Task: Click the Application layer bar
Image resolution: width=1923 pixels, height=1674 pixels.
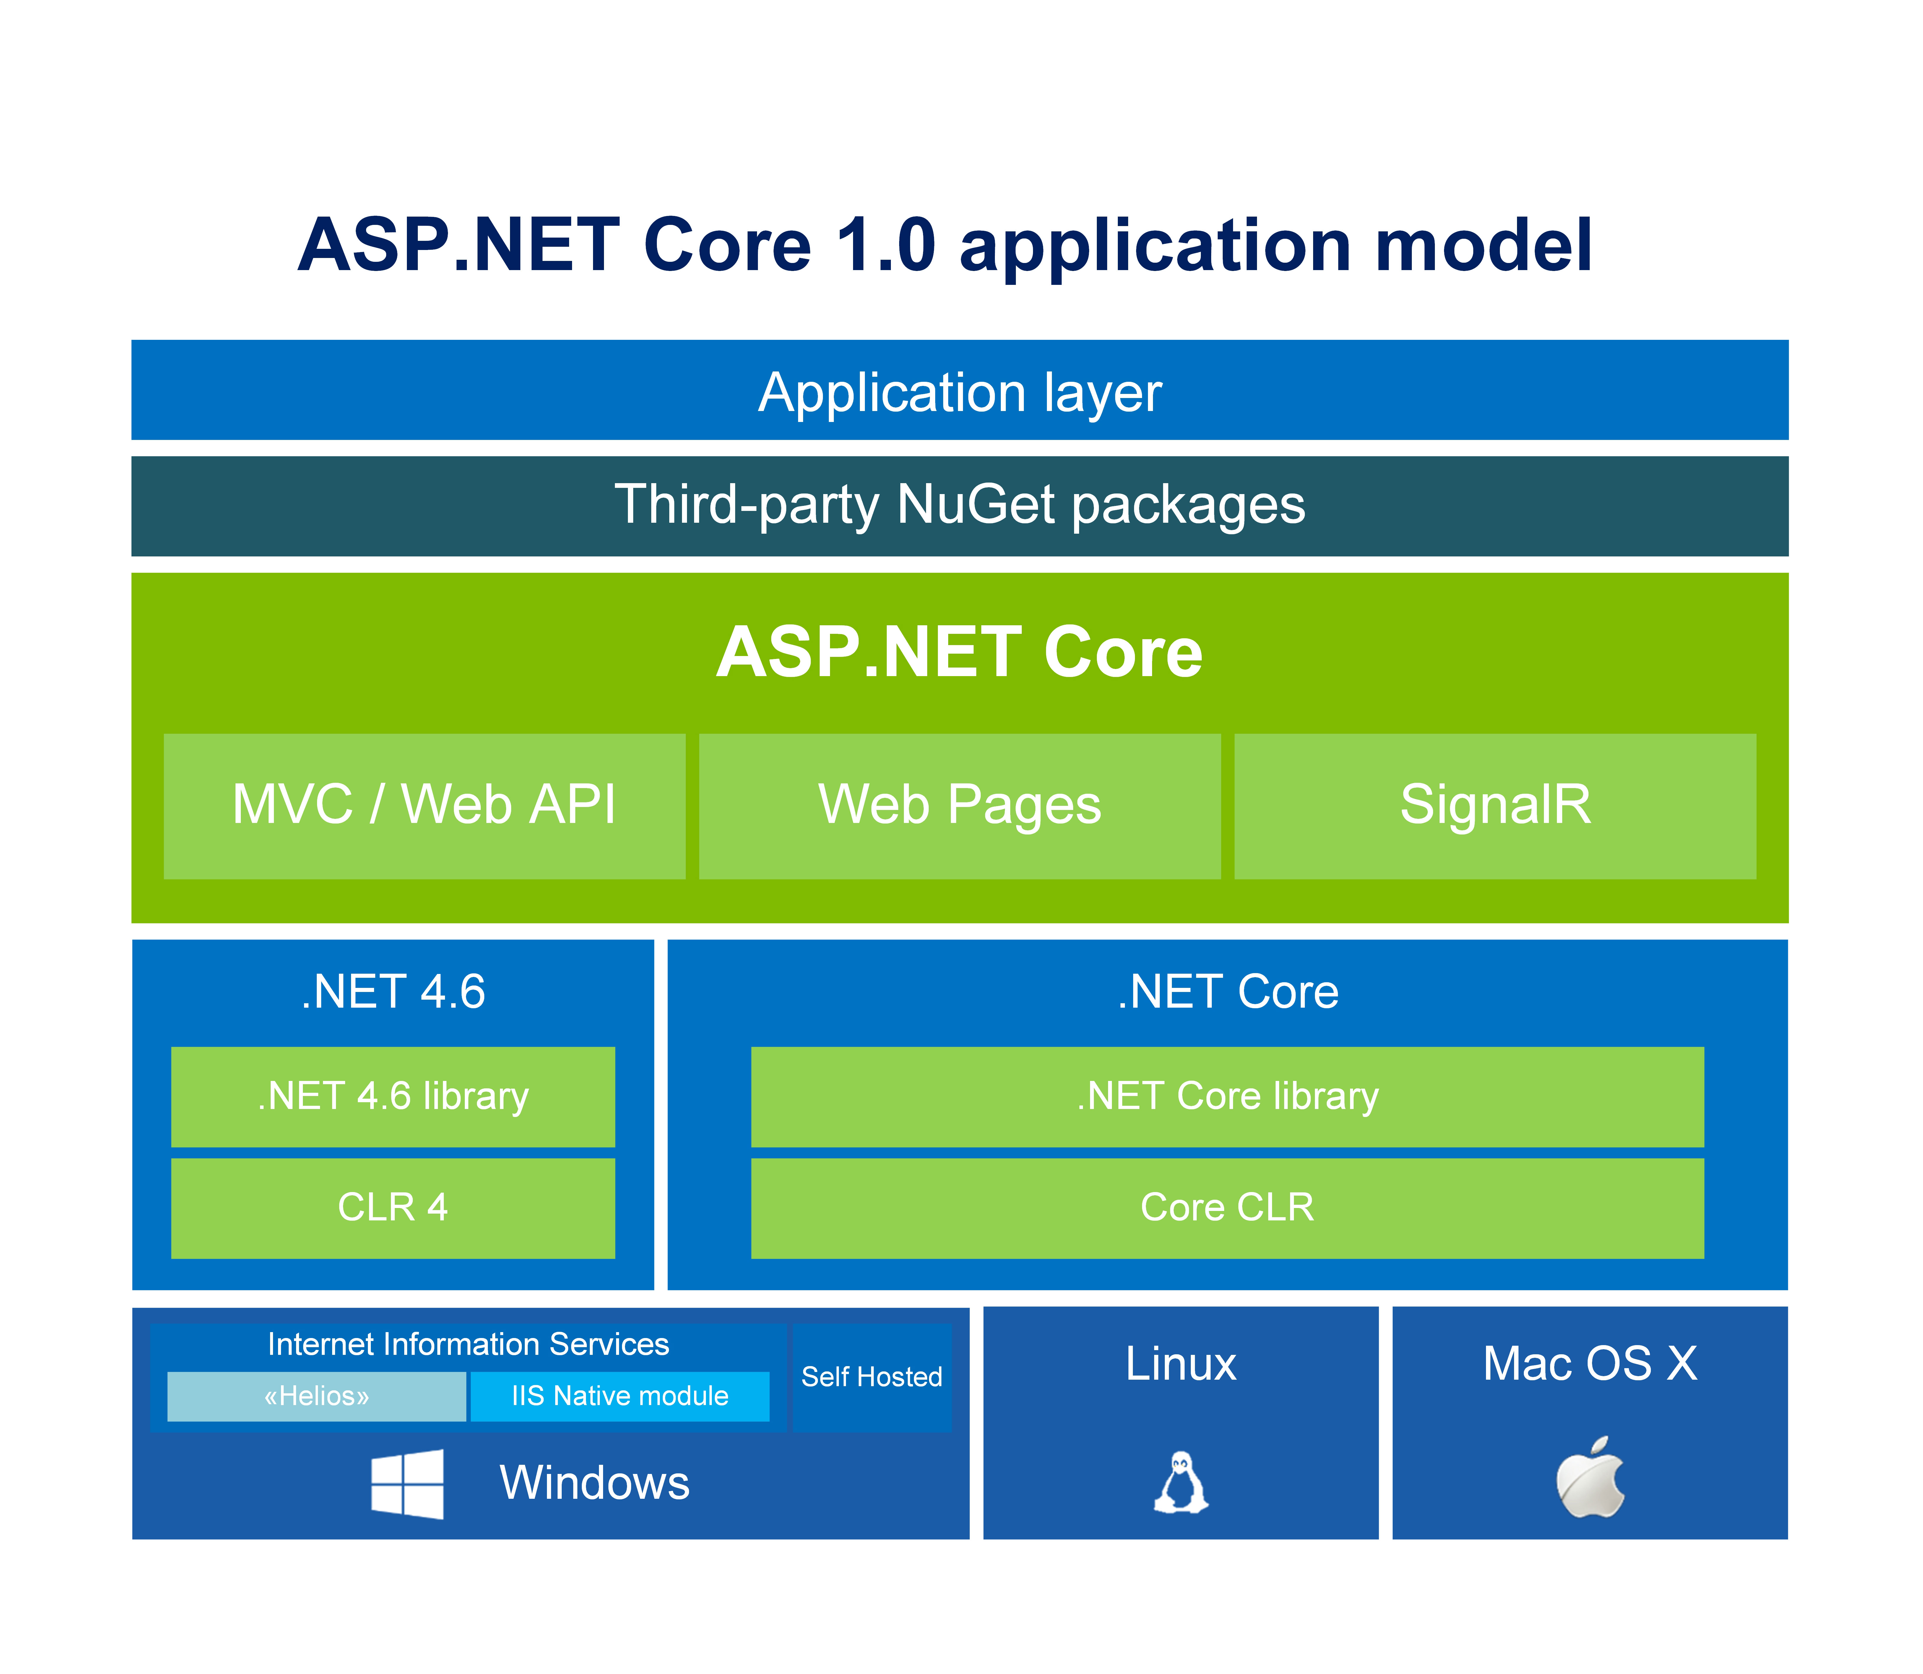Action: (959, 390)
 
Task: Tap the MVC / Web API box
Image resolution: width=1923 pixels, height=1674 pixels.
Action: (424, 805)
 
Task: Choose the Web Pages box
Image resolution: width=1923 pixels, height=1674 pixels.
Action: (959, 805)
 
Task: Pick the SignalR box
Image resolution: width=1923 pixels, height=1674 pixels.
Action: (1494, 805)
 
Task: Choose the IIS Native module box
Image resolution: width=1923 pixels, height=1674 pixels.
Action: (619, 1396)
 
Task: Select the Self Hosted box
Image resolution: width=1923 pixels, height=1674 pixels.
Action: (871, 1377)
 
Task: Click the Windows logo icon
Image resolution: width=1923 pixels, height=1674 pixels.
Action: (407, 1483)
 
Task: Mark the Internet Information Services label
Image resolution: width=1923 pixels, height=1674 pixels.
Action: (468, 1344)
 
